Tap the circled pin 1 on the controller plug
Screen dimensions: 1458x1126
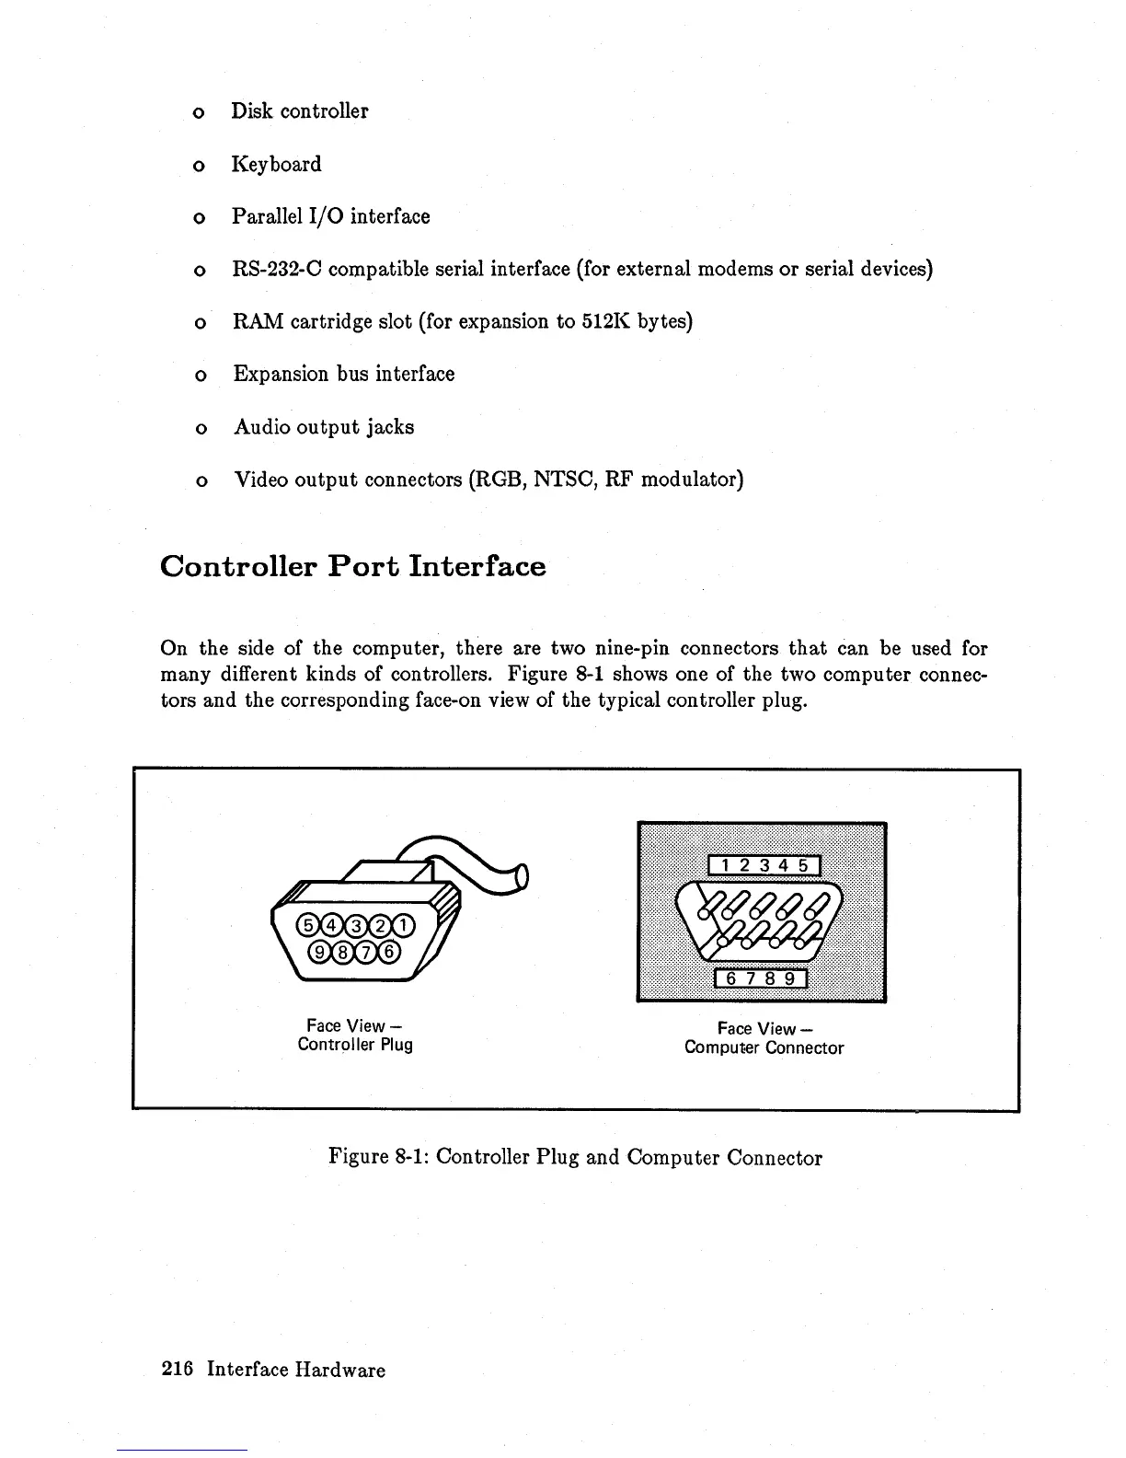pyautogui.click(x=405, y=925)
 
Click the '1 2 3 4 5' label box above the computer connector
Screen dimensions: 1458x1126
pyautogui.click(x=764, y=866)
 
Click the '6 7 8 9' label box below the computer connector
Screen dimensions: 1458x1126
pyautogui.click(x=761, y=979)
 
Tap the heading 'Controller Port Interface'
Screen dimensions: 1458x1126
pyautogui.click(x=352, y=566)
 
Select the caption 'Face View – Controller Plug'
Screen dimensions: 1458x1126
pyautogui.click(x=355, y=1035)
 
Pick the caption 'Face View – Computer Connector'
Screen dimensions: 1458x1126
pyautogui.click(x=764, y=1038)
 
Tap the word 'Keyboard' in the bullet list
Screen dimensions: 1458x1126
pyautogui.click(x=276, y=164)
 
